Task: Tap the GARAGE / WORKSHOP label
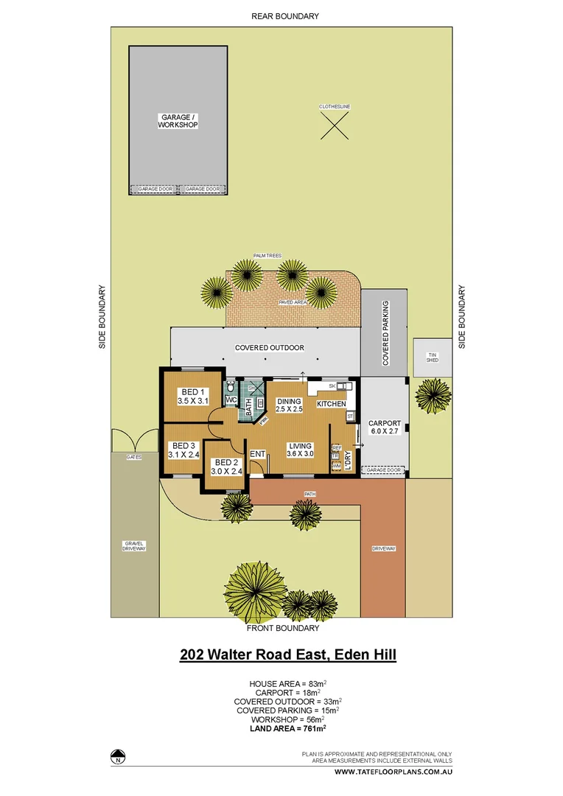click(178, 122)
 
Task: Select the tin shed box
click(433, 357)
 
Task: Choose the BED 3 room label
click(183, 450)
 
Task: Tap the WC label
click(230, 400)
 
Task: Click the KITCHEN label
click(331, 405)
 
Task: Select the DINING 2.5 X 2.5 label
click(290, 405)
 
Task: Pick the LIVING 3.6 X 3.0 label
click(300, 450)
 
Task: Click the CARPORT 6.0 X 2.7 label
click(384, 427)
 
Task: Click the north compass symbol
click(117, 757)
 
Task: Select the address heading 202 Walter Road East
click(288, 654)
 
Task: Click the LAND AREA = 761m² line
click(288, 728)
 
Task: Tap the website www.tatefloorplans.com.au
click(393, 772)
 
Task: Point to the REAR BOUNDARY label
click(285, 16)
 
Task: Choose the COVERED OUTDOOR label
click(269, 348)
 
